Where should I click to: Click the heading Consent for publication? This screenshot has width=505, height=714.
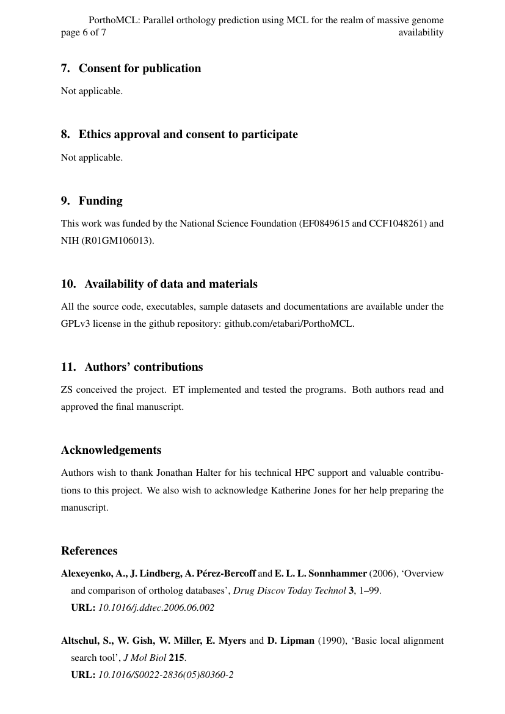click(x=140, y=68)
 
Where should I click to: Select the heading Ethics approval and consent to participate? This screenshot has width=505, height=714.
click(x=188, y=134)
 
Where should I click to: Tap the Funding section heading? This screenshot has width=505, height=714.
click(x=100, y=201)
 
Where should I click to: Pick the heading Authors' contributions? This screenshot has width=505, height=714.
click(x=144, y=367)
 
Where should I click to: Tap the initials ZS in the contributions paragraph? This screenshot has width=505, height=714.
click(x=67, y=390)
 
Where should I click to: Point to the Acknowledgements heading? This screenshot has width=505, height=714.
click(x=111, y=450)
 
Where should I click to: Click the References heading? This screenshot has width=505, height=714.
click(x=89, y=551)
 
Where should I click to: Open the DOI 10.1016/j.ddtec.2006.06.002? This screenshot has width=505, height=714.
click(x=156, y=608)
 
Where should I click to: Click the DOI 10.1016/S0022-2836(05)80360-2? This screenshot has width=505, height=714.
click(x=166, y=675)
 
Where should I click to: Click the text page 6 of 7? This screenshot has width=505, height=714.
click(x=83, y=32)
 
